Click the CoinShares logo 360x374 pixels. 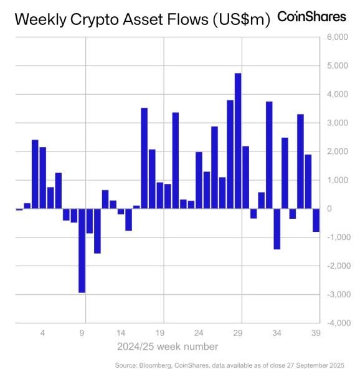[311, 17]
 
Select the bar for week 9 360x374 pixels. [82, 251]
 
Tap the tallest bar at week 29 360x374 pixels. [238, 141]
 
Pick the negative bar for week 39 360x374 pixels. [316, 220]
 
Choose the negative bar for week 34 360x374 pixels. [277, 229]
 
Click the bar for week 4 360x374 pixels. [42, 178]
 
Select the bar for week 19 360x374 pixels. [160, 195]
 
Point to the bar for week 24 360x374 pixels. [199, 180]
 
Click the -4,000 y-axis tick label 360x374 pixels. [334, 323]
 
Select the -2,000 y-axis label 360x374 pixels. [334, 266]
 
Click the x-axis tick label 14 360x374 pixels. [121, 333]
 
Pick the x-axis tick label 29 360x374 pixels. [238, 333]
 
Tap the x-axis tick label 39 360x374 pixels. [316, 333]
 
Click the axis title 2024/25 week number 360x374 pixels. [168, 346]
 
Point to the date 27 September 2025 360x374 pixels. [315, 365]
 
